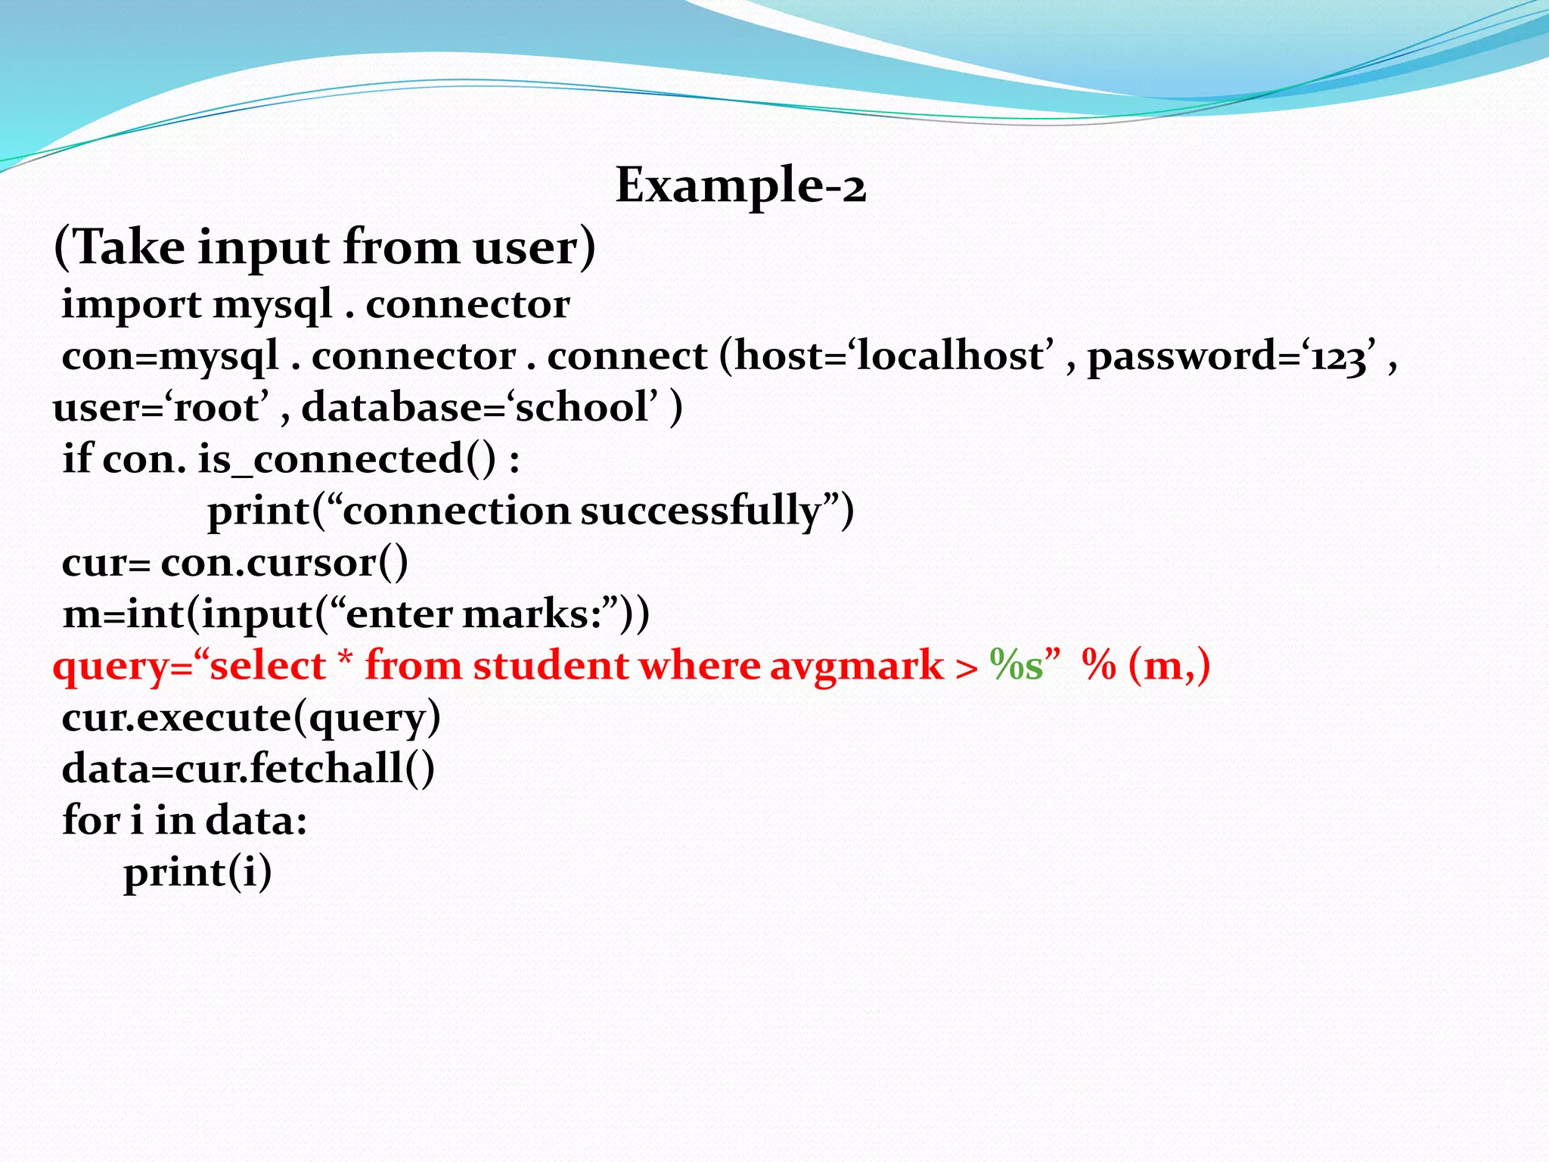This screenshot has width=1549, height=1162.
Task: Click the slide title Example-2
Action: (740, 185)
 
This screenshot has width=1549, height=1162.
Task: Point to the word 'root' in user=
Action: (216, 408)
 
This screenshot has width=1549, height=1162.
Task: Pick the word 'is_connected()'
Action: (348, 459)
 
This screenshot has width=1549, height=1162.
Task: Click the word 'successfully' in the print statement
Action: (700, 511)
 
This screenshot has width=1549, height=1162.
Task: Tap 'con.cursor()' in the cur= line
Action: (284, 562)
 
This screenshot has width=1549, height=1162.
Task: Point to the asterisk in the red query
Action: (345, 660)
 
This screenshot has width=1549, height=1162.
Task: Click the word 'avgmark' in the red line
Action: (856, 666)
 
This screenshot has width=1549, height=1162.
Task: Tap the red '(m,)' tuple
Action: (1169, 666)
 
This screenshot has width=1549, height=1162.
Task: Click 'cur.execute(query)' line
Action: (250, 717)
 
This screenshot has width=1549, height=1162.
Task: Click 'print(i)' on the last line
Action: (197, 872)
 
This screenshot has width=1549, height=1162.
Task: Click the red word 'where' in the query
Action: (699, 666)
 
